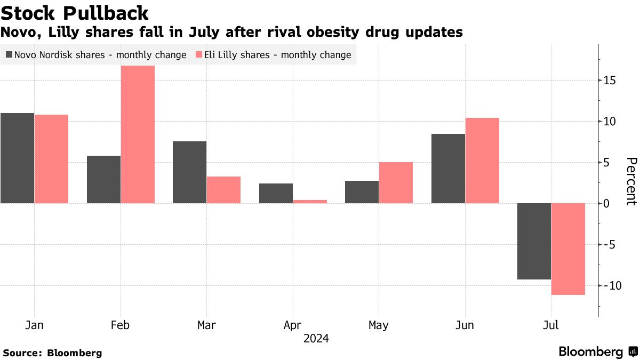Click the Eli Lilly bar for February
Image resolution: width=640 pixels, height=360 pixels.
point(138,134)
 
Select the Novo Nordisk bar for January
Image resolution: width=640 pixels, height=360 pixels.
point(17,158)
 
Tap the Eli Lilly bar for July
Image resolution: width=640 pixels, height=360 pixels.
point(568,249)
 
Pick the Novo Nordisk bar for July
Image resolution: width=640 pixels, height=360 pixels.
point(534,241)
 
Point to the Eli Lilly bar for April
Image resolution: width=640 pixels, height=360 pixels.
point(310,202)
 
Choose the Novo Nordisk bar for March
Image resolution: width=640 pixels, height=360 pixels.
point(189,172)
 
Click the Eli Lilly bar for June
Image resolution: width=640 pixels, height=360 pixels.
point(482,161)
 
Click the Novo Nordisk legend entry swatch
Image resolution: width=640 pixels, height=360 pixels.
point(9,55)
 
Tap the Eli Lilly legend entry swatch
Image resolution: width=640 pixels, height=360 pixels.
point(199,55)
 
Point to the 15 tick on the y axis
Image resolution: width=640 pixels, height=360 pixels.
point(610,81)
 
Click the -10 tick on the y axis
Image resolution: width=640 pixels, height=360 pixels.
point(608,286)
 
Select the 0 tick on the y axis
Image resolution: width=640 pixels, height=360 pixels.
point(607,204)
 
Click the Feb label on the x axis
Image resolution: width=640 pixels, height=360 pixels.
point(121,325)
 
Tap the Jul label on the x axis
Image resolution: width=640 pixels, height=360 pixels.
point(551,325)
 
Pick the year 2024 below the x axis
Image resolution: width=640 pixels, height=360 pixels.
point(316,339)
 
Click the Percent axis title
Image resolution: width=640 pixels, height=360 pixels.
point(631,181)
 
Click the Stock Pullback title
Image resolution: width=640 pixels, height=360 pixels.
point(74,13)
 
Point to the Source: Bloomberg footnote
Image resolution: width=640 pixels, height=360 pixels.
point(52,353)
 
